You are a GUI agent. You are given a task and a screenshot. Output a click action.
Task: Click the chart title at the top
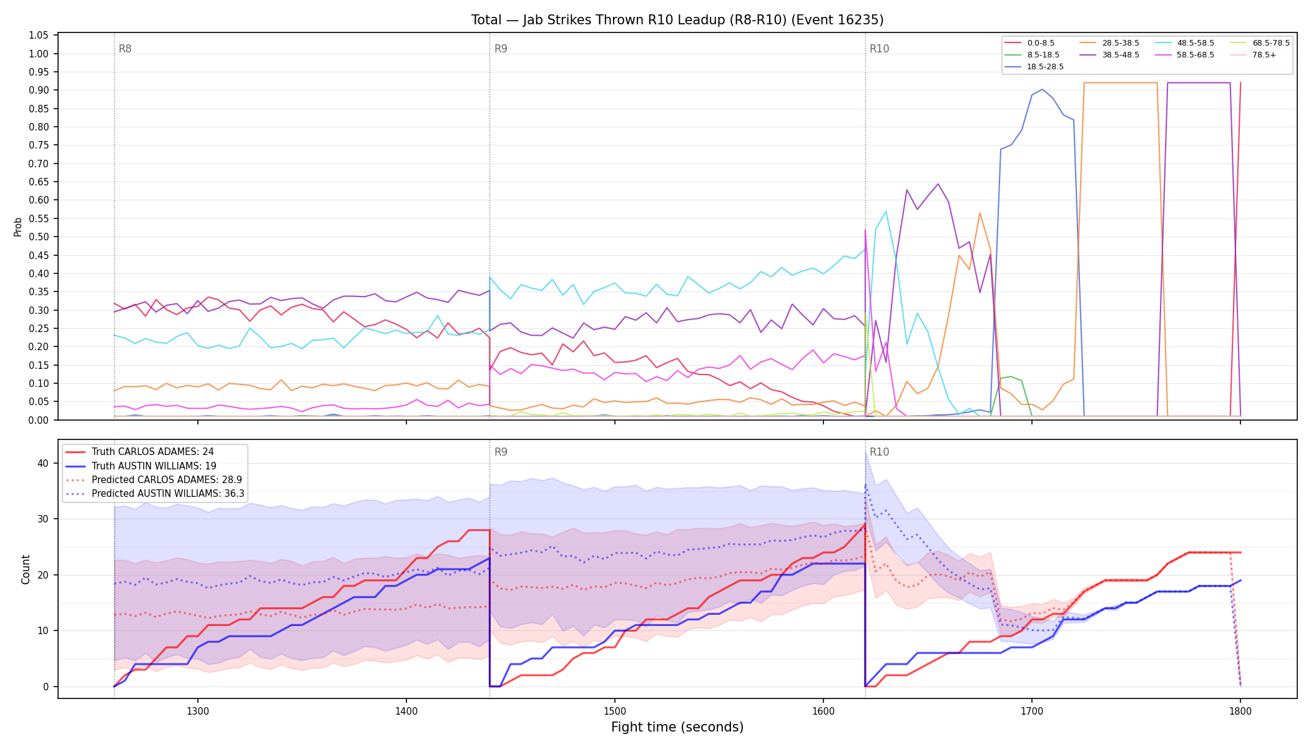[x=677, y=20]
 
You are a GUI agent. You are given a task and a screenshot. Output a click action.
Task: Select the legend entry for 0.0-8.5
[x=1029, y=43]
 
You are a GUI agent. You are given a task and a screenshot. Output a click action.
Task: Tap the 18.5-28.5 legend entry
[x=1034, y=67]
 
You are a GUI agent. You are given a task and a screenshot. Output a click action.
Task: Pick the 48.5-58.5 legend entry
[x=1184, y=43]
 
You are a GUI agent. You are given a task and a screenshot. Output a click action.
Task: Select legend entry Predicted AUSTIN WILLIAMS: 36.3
[x=155, y=494]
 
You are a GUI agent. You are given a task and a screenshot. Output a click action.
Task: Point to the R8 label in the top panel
[x=125, y=49]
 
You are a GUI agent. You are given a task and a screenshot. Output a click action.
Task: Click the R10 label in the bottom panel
[x=879, y=452]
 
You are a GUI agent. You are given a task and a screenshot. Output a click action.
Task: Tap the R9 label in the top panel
[x=501, y=49]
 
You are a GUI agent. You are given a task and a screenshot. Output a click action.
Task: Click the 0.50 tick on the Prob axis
[x=39, y=237]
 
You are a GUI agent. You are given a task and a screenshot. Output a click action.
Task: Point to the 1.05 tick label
[x=39, y=35]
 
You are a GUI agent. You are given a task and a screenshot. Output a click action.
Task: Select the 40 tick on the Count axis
[x=42, y=463]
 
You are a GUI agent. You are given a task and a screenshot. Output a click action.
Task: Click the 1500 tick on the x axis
[x=615, y=711]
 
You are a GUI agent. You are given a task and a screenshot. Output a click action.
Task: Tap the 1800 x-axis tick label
[x=1240, y=711]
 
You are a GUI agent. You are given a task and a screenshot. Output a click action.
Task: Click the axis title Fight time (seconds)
[x=677, y=728]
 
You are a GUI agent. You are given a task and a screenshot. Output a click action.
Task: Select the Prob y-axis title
[x=17, y=227]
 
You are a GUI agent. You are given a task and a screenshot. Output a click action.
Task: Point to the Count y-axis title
[x=26, y=569]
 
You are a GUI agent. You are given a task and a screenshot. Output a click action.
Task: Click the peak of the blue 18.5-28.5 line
[x=1043, y=89]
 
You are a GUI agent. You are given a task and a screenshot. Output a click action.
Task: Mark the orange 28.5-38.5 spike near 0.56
[x=980, y=213]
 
